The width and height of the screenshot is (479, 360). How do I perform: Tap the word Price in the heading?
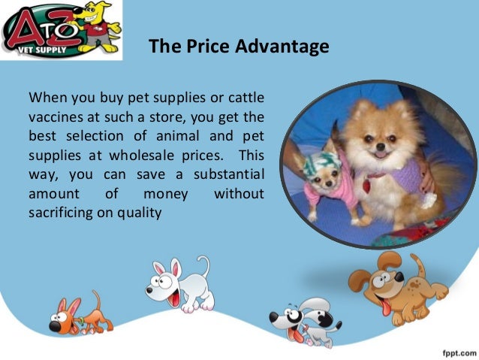point(209,47)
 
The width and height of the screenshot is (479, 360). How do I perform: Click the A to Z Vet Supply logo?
point(61,31)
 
